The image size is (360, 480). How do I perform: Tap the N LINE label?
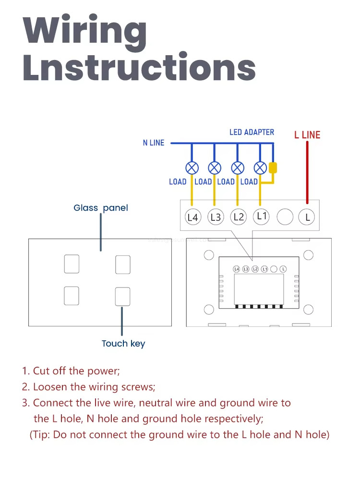point(154,143)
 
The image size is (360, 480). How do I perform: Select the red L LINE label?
point(307,135)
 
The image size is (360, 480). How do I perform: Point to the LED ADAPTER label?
point(252,132)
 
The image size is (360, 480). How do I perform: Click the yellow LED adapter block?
point(273,168)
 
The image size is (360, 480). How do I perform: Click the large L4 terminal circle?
point(192,217)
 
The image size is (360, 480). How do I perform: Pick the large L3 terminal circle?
point(216,217)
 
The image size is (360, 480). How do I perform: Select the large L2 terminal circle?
point(239,217)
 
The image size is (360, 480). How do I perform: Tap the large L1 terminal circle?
point(261,216)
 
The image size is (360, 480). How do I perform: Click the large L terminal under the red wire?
point(307,217)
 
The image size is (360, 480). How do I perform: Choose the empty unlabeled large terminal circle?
point(285,217)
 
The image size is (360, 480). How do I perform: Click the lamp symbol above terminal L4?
point(192,168)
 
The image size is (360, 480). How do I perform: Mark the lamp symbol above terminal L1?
point(260,168)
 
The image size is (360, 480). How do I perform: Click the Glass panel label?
point(101,208)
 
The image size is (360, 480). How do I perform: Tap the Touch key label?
point(123,343)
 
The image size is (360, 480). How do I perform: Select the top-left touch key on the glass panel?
point(72,264)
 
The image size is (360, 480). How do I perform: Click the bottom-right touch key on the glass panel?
point(122,296)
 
